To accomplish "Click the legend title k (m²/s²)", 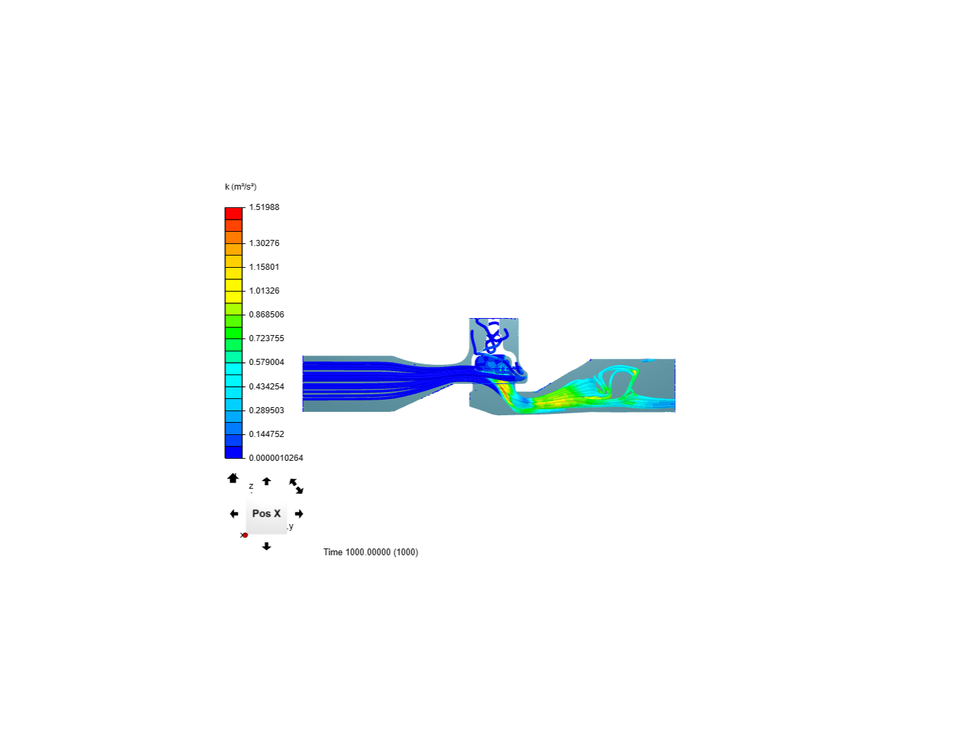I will tap(240, 187).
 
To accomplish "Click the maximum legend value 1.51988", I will tap(264, 207).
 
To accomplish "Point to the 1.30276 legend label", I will tap(264, 243).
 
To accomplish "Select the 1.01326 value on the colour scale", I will tap(264, 291).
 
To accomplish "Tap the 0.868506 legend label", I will tap(266, 315).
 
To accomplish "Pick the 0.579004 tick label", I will tap(266, 362).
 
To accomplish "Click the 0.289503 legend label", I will tap(266, 410).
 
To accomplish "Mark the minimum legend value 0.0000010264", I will tap(276, 458).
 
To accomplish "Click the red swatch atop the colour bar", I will tap(234, 213).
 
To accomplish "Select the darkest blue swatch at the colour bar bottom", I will tap(234, 453).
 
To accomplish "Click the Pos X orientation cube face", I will tap(266, 514).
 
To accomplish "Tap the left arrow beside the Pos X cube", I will tap(234, 514).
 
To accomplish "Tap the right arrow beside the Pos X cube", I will tap(299, 514).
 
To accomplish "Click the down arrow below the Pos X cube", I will tap(266, 546).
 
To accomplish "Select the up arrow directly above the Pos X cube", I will tap(266, 481).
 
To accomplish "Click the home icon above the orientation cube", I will tap(233, 478).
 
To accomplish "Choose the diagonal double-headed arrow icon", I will tap(296, 486).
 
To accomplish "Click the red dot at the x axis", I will tap(245, 536).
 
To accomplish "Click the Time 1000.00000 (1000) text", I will tap(370, 552).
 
